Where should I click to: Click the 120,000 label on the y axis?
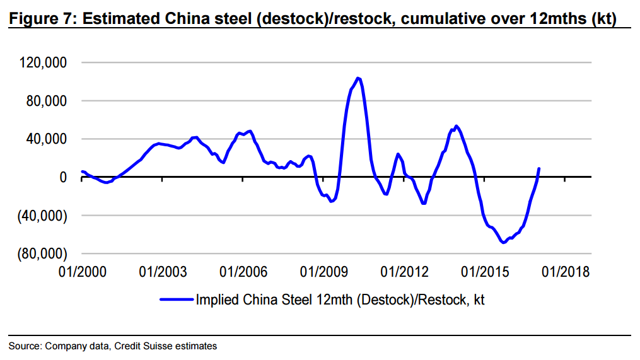[43, 63]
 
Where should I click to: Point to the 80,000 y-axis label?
[47, 101]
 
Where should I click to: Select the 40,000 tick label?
[47, 139]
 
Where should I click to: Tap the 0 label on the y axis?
[63, 177]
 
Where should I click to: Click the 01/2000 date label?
[83, 272]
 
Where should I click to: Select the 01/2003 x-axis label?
[163, 272]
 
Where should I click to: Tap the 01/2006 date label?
[243, 272]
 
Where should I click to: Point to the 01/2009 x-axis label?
[323, 272]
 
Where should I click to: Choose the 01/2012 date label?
[404, 272]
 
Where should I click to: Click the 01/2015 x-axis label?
[485, 272]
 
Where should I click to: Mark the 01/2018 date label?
[566, 272]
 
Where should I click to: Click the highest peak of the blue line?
[358, 78]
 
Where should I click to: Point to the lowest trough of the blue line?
[503, 243]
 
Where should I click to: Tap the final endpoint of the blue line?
[539, 168]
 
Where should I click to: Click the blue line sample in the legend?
[177, 299]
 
